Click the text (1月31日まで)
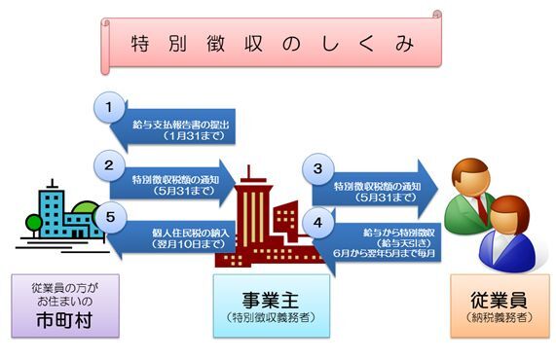[189, 137]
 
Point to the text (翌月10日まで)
[189, 243]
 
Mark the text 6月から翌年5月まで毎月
[385, 255]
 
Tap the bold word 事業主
[270, 299]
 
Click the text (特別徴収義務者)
[270, 317]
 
